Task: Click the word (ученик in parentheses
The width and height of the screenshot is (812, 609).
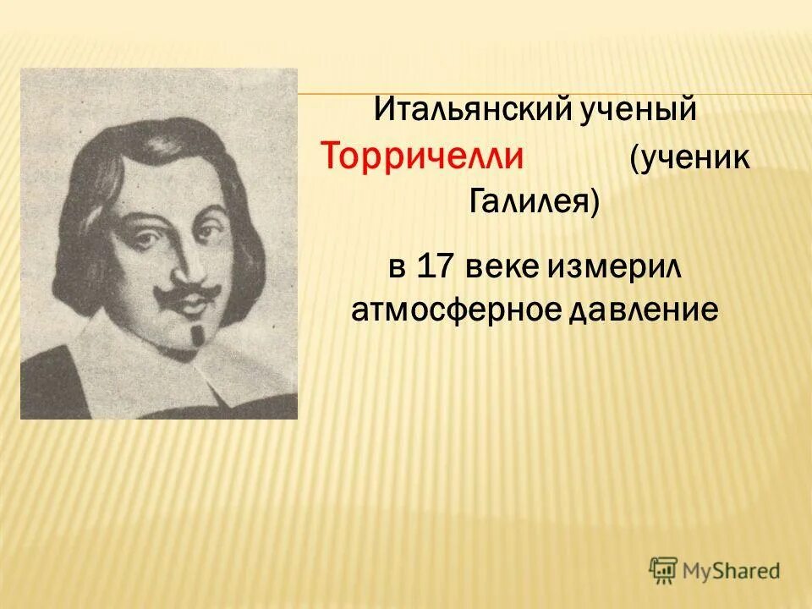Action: (689, 159)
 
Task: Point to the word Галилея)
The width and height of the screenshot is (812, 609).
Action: (534, 203)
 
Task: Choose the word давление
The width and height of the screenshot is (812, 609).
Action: (644, 311)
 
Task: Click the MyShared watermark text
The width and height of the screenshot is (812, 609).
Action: (732, 570)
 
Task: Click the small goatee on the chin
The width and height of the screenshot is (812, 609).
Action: (197, 335)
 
